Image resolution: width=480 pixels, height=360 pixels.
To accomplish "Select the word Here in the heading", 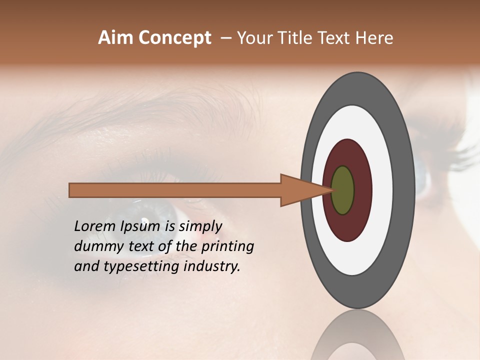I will point(374,38).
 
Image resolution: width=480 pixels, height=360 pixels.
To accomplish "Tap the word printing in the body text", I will point(227,246).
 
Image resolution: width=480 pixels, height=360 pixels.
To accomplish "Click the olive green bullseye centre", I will point(343,190).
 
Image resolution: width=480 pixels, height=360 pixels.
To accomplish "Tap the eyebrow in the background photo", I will point(150,107).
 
